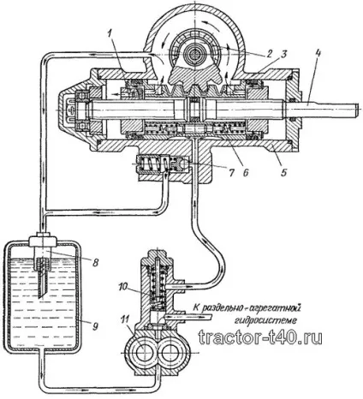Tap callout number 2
tap(269, 53)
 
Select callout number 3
tap(283, 54)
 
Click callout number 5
tap(283, 173)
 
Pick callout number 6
tap(245, 172)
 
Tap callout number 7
tap(231, 172)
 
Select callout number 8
tap(95, 262)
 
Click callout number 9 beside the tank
tap(95, 325)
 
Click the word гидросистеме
tap(266, 320)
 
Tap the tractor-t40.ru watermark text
tap(260, 337)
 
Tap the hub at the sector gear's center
tap(193, 53)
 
